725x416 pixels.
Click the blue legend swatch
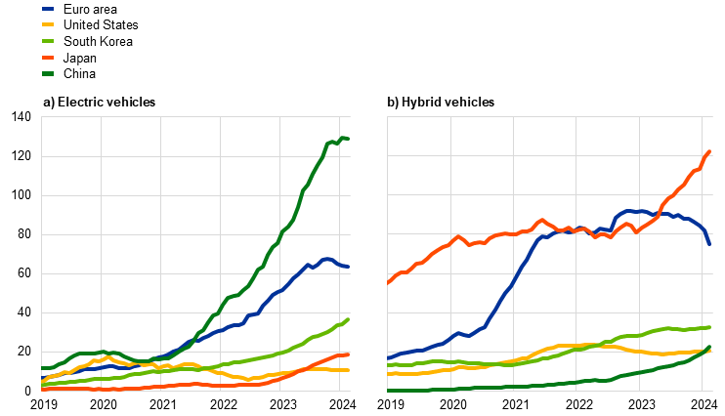tap(48, 8)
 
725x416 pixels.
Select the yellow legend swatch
tap(48, 24)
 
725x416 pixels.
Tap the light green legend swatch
tap(48, 41)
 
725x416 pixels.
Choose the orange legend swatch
tap(48, 58)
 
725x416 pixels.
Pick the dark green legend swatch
tap(48, 73)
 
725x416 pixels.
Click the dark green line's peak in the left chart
tap(343, 138)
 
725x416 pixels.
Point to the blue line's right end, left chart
tap(348, 267)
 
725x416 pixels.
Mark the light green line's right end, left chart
tap(348, 319)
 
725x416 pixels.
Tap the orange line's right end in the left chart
tap(348, 354)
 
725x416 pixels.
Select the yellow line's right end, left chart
tap(348, 370)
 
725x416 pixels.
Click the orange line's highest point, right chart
tap(709, 151)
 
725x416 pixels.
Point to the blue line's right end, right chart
tap(709, 243)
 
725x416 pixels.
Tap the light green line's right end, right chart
tap(709, 327)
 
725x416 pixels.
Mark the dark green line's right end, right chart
tap(709, 347)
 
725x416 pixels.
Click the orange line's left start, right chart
tap(388, 283)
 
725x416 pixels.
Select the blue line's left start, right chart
tap(388, 358)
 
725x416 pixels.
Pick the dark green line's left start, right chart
tap(388, 390)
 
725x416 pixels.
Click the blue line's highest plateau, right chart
tap(633, 210)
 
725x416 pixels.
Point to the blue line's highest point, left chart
tap(327, 259)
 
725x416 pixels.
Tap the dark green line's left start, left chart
tap(42, 368)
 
